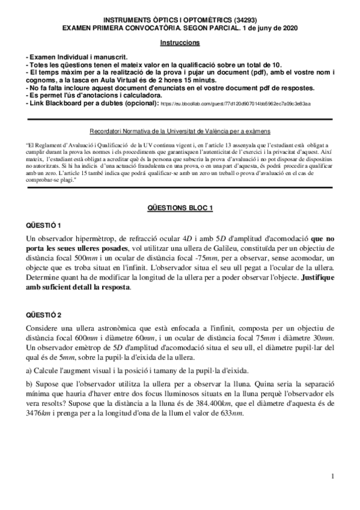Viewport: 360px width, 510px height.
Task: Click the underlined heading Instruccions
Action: click(180, 43)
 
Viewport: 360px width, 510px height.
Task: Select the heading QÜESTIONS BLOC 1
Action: click(180, 207)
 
